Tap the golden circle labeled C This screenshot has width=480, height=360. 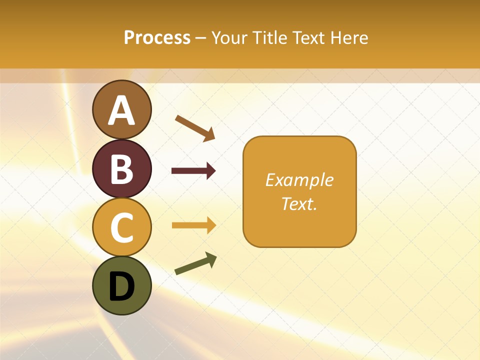121,227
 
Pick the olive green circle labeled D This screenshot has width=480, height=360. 121,285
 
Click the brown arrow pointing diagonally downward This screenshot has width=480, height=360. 195,128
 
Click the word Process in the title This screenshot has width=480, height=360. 157,37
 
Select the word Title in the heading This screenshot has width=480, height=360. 271,37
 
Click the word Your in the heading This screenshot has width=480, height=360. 230,38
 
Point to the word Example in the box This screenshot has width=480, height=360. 299,180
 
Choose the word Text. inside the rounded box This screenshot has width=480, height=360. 299,203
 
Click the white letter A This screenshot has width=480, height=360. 121,110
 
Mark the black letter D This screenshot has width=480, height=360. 121,286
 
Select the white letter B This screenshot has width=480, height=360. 121,169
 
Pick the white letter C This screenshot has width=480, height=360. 121,227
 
